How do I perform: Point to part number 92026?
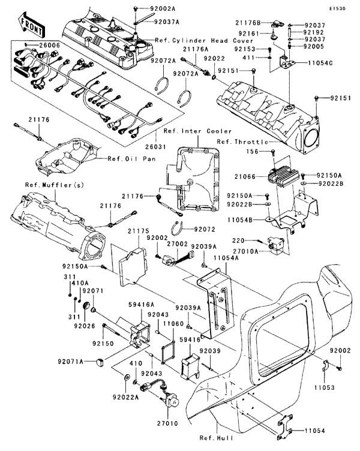[83, 326]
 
